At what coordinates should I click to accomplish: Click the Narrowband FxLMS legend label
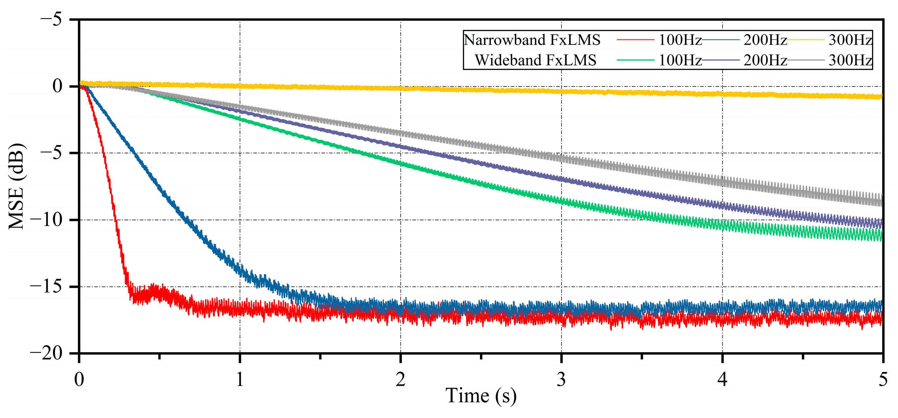click(x=532, y=40)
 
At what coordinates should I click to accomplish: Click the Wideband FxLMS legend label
click(x=535, y=60)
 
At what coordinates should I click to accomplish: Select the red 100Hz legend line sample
click(x=635, y=40)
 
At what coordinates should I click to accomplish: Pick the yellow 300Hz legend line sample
click(x=806, y=40)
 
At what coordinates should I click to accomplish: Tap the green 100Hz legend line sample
click(x=635, y=60)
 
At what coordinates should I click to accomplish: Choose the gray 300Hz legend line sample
click(x=806, y=60)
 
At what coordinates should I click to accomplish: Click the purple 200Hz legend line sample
click(x=720, y=60)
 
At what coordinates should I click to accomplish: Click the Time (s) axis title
click(x=481, y=396)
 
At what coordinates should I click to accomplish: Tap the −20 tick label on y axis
click(x=46, y=353)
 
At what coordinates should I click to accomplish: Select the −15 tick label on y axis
click(x=46, y=286)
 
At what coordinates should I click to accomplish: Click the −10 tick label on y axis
click(x=46, y=220)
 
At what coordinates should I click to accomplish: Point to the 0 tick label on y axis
click(x=58, y=86)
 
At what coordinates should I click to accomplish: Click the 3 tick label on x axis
click(x=561, y=379)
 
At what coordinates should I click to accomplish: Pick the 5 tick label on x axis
click(x=883, y=379)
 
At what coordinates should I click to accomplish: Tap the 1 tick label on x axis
click(x=240, y=379)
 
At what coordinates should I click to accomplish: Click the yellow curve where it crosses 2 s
click(x=400, y=89)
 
